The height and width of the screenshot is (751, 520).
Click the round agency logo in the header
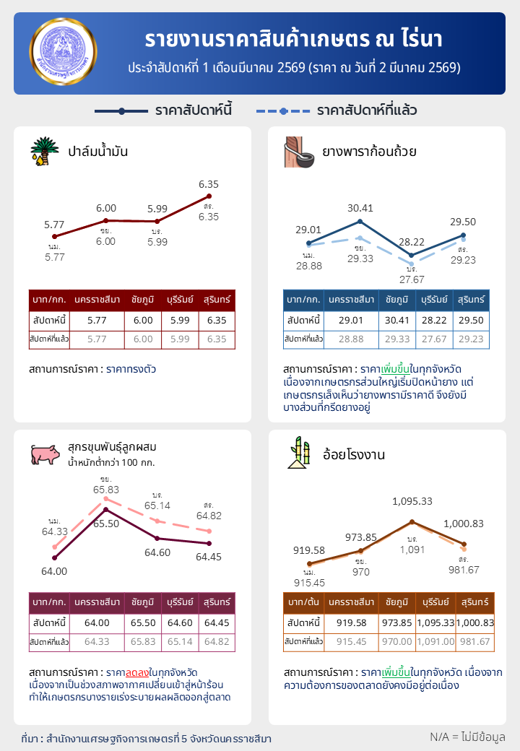[x=63, y=53]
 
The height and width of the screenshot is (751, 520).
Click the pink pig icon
[x=45, y=454]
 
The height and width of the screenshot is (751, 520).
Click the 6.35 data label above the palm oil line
[x=209, y=184]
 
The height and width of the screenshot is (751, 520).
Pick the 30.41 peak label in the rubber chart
[x=360, y=209]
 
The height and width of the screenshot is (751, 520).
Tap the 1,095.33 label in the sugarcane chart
[x=412, y=500]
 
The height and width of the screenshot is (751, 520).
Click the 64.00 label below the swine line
[x=55, y=570]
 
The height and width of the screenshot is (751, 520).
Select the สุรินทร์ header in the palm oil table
[x=217, y=300]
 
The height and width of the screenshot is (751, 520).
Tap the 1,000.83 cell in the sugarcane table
[x=474, y=622]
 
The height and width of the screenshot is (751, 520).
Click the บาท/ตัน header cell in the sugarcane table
[x=303, y=602]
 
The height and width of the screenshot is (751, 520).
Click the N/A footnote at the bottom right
[x=467, y=737]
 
